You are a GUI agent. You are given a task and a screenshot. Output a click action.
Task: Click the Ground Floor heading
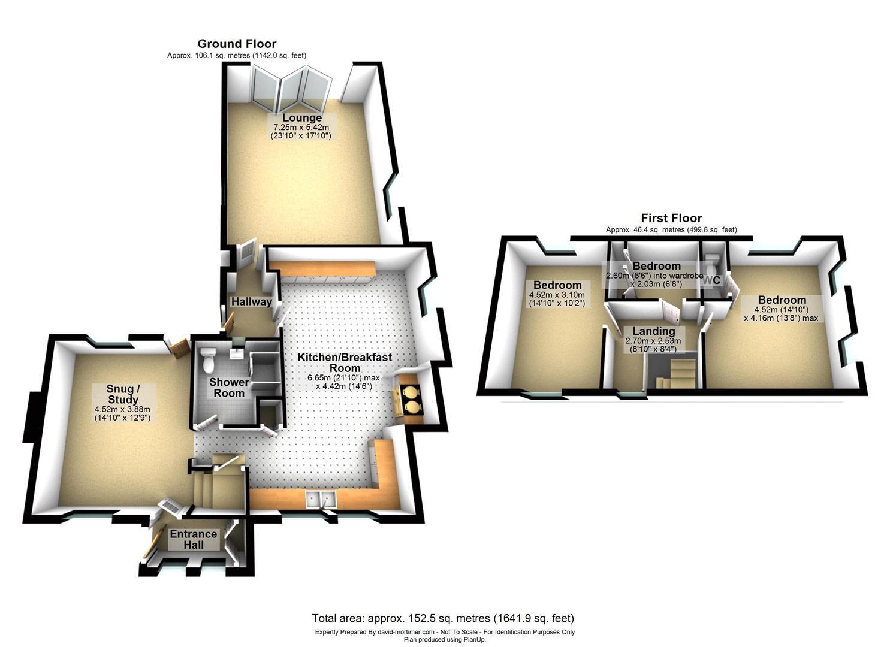pos(237,44)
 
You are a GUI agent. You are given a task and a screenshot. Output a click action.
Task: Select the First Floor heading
pos(671,218)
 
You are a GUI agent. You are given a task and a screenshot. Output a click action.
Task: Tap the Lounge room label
pos(302,118)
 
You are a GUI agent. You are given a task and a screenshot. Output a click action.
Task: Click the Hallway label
pos(252,301)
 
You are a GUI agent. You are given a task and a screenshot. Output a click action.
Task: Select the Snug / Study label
pos(123,394)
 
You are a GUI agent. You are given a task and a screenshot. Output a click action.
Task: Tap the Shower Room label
pos(229,387)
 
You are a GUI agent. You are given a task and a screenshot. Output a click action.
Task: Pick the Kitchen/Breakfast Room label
pos(345,362)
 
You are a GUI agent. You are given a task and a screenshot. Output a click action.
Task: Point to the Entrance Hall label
pos(193,539)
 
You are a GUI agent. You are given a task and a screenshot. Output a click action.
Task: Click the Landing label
pos(654,331)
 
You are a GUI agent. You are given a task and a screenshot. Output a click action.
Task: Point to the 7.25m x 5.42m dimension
pos(302,128)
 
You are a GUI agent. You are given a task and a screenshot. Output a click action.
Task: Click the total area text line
pos(443,618)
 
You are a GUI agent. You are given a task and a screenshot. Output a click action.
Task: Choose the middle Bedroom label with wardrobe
pos(656,266)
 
